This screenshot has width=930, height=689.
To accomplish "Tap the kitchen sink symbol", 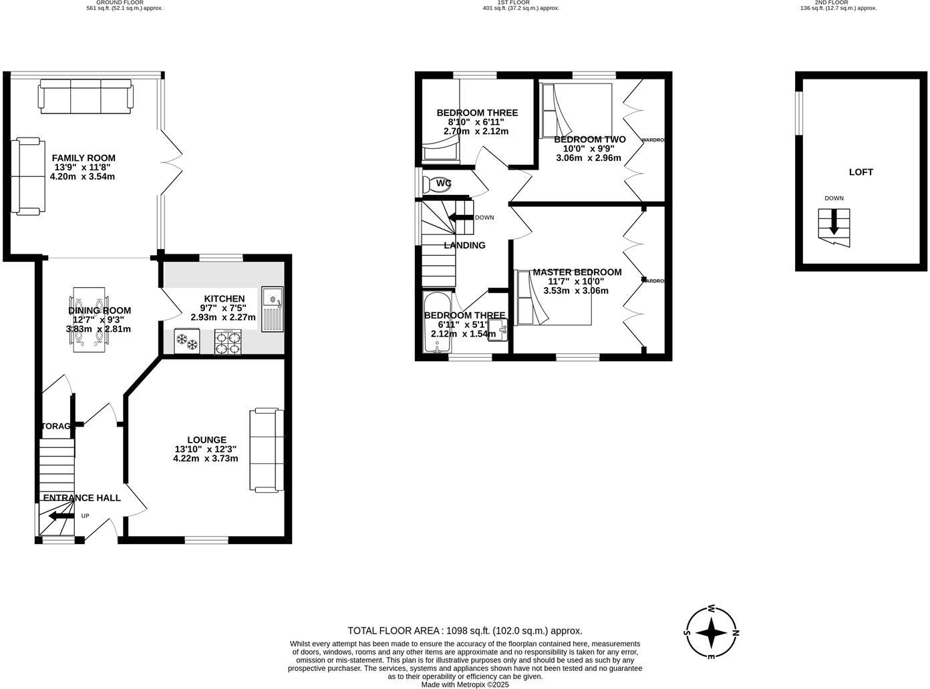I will pyautogui.click(x=273, y=308).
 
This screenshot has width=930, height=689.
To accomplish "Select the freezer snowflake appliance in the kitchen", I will pyautogui.click(x=186, y=342).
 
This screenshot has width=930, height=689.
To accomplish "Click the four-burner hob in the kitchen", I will pyautogui.click(x=228, y=342).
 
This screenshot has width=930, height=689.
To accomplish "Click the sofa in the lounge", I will pyautogui.click(x=267, y=450).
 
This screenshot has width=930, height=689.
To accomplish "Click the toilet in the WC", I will pyautogui.click(x=438, y=184).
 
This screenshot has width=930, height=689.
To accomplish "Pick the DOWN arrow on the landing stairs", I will pyautogui.click(x=460, y=217).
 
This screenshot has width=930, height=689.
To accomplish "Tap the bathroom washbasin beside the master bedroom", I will pyautogui.click(x=497, y=330).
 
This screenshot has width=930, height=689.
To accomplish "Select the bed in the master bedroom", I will pyautogui.click(x=553, y=298).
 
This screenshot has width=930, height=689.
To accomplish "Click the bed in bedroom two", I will pyautogui.click(x=576, y=109).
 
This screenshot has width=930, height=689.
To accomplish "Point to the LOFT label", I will pyautogui.click(x=861, y=172).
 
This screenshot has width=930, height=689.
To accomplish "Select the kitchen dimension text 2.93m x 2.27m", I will pyautogui.click(x=223, y=317).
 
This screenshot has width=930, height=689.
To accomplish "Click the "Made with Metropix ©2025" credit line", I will pyautogui.click(x=465, y=684).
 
